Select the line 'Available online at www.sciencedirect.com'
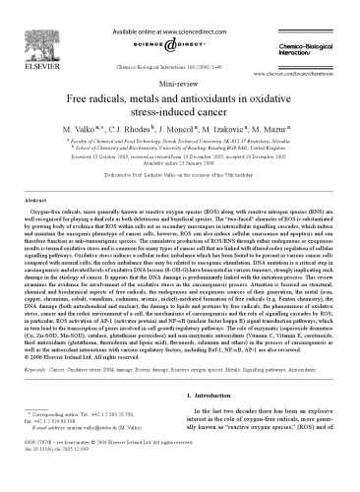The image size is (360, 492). (179, 10)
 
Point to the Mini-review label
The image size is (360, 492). (179, 86)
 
